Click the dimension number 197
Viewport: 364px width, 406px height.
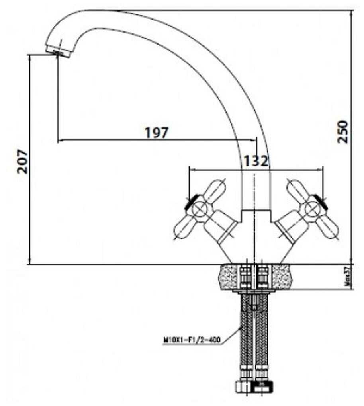click(157, 133)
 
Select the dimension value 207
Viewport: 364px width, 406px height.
click(23, 161)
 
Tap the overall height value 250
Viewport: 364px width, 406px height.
click(343, 131)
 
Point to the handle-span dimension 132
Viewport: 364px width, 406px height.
click(255, 161)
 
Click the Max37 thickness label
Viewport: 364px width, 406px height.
click(347, 277)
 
